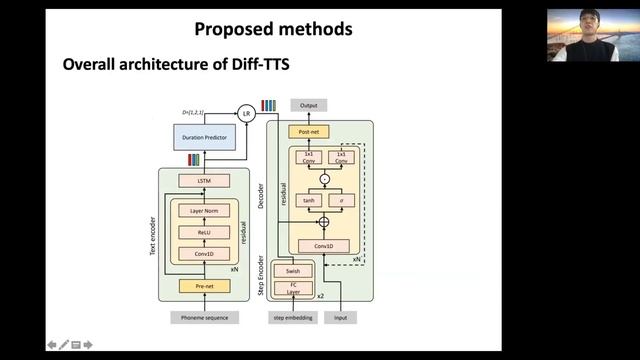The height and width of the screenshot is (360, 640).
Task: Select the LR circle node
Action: pyautogui.click(x=247, y=113)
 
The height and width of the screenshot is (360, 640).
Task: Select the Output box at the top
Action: pyautogui.click(x=309, y=105)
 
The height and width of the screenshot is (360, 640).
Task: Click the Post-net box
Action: pyautogui.click(x=309, y=131)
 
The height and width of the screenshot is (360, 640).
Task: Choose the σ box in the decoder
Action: pyautogui.click(x=341, y=200)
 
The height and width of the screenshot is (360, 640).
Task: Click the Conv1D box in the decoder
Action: pyautogui.click(x=322, y=245)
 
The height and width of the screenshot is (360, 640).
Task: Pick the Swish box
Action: pyautogui.click(x=293, y=271)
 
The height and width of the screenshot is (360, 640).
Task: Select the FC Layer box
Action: pyautogui.click(x=293, y=288)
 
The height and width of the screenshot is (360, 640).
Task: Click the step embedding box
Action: pyautogui.click(x=293, y=317)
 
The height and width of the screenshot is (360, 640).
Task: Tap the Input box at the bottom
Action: pyautogui.click(x=341, y=317)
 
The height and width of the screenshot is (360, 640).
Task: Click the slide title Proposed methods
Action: pyautogui.click(x=273, y=29)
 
